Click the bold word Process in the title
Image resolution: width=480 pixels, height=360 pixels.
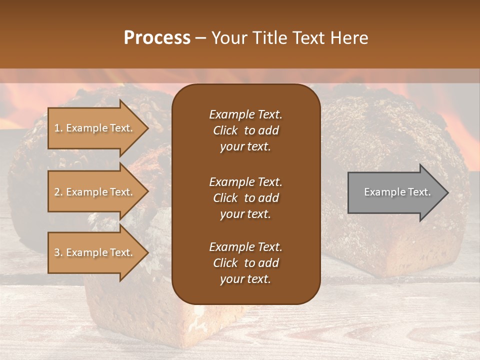(x=157, y=38)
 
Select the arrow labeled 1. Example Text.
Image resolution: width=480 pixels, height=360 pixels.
(x=95, y=128)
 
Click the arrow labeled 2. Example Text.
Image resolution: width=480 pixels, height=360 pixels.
(x=95, y=192)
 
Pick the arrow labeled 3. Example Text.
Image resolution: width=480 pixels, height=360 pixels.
(x=95, y=252)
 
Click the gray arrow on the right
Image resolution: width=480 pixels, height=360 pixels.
(x=395, y=192)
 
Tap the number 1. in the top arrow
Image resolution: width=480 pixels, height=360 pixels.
(x=58, y=128)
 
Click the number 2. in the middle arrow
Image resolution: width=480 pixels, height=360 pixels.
(x=58, y=192)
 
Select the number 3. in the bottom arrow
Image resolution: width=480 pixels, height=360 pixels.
(x=58, y=252)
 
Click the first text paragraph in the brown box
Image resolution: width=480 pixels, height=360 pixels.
(x=245, y=130)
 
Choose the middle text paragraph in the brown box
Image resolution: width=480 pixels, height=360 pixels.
(x=245, y=198)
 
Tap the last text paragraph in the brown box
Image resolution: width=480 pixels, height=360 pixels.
(x=245, y=263)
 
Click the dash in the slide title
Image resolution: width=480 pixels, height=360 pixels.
(x=200, y=38)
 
